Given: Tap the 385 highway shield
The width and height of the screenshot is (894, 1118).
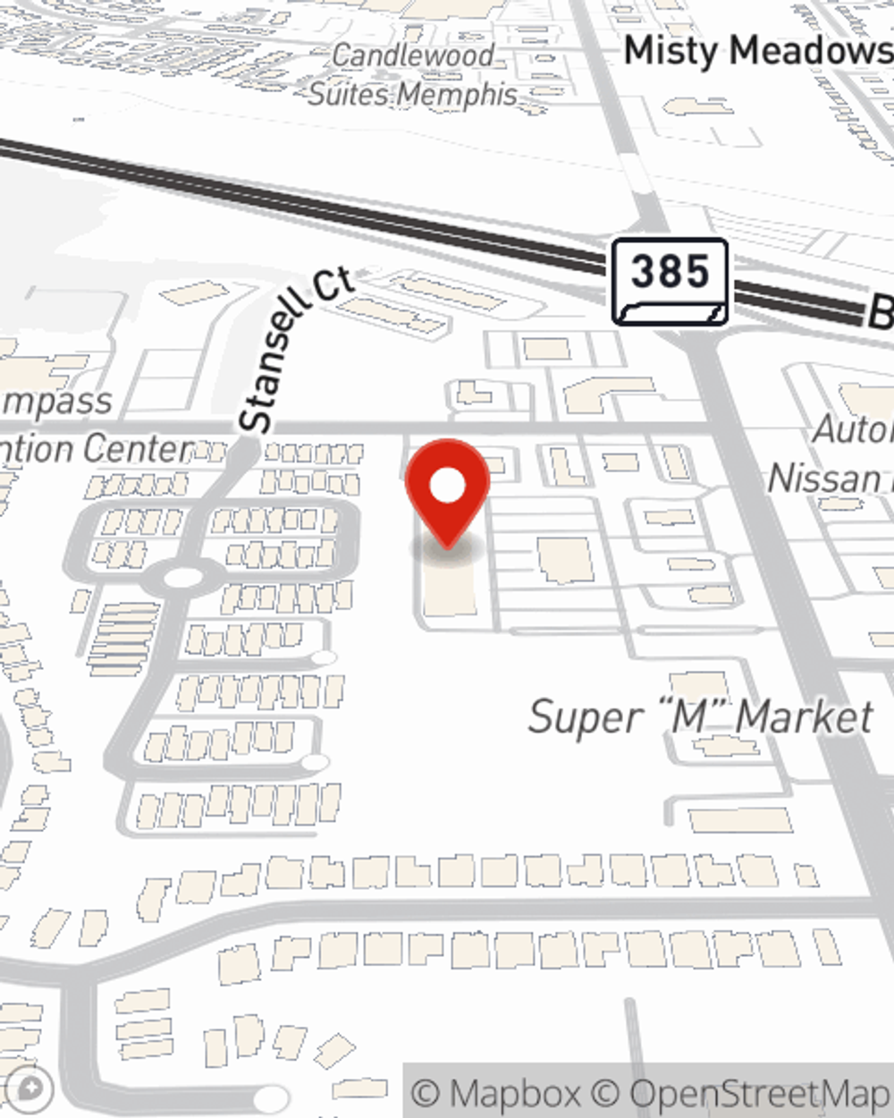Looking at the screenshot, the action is [x=670, y=281].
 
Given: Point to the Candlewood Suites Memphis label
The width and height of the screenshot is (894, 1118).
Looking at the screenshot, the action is [x=413, y=74].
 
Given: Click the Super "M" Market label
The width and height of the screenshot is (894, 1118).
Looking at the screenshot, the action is [x=700, y=717].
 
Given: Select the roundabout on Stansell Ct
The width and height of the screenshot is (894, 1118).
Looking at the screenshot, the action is [x=183, y=578].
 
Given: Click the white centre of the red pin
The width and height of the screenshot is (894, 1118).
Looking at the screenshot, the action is [x=447, y=486].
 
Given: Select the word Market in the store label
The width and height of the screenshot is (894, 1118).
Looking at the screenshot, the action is [x=804, y=717].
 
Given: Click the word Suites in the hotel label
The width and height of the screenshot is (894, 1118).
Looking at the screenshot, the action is [x=351, y=94].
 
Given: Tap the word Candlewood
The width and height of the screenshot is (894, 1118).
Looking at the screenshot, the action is [x=413, y=55].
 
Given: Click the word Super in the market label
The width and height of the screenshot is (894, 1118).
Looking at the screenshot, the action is [x=586, y=717].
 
